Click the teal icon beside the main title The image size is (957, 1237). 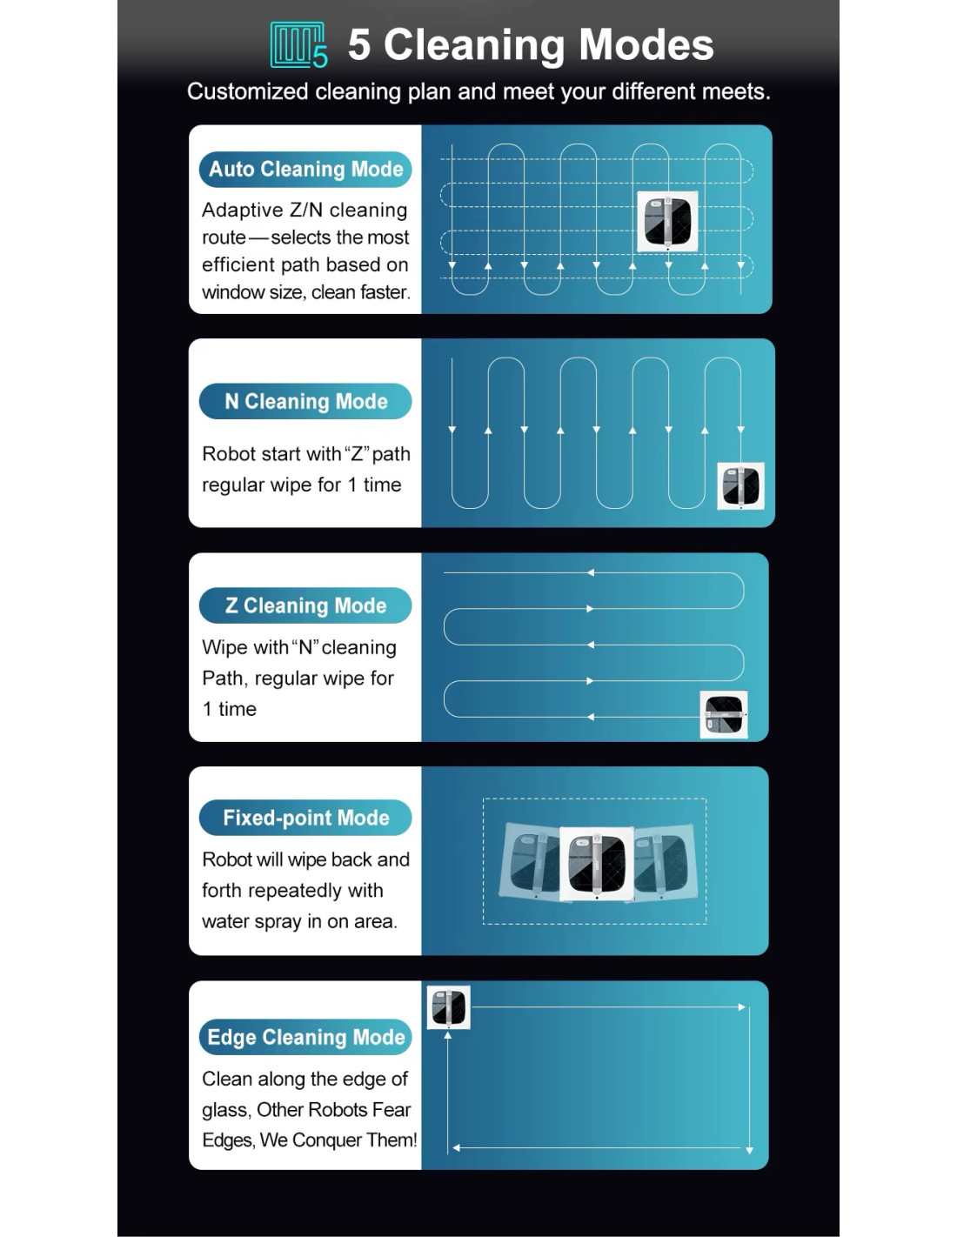[298, 45]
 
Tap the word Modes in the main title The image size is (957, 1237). [646, 44]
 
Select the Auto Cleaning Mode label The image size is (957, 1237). [305, 169]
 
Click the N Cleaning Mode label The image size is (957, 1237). [305, 401]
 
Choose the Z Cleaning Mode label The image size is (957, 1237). [305, 605]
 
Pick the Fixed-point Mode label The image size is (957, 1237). [305, 818]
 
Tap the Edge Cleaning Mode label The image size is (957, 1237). [305, 1037]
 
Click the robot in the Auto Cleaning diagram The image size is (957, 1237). [667, 221]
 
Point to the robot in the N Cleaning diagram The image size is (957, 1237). [740, 486]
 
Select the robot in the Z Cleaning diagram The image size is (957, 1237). [724, 714]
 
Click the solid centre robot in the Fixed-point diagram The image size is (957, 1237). [597, 864]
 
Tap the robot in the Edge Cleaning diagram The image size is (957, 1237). [449, 1007]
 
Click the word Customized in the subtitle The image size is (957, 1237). [248, 91]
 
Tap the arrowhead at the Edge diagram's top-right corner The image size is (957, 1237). [741, 1007]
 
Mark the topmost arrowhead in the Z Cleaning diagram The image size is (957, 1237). [591, 572]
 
